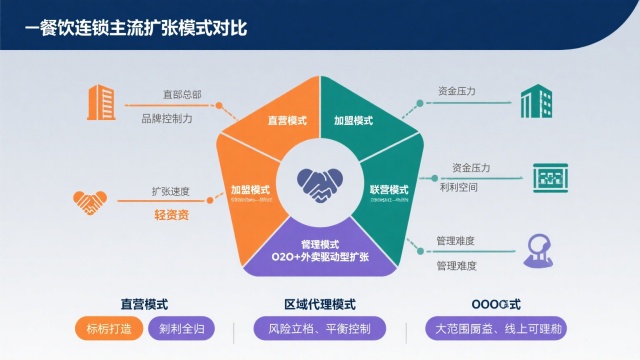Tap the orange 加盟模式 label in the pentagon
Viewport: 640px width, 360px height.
(x=250, y=188)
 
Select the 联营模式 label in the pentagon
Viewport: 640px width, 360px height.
(x=388, y=189)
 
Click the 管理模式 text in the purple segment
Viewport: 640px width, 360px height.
(x=320, y=244)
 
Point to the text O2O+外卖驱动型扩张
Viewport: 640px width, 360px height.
(x=320, y=258)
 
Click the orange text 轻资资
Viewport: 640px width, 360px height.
(x=171, y=215)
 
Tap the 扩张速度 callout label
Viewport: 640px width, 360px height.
(x=170, y=190)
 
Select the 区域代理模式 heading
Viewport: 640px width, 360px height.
(x=320, y=304)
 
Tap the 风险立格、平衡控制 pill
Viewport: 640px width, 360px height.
(x=313, y=329)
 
